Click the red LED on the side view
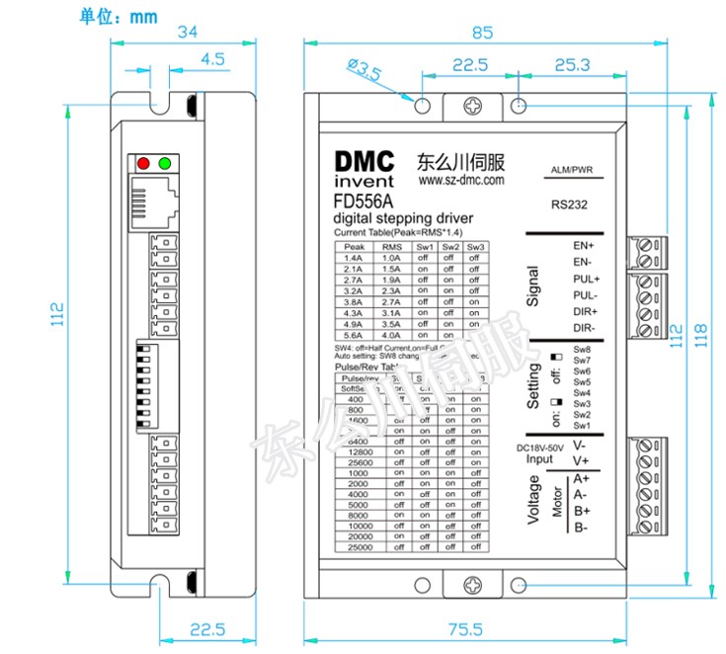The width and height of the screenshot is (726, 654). (144, 163)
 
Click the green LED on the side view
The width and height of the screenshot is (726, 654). (165, 163)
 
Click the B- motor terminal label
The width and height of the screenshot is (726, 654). (582, 528)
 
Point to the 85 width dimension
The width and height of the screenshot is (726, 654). (482, 32)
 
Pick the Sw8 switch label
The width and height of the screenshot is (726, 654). (582, 350)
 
